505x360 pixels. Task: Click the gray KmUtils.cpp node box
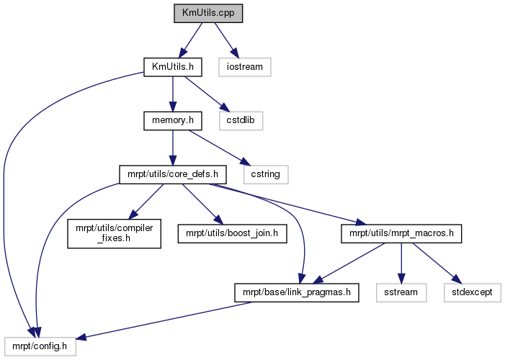tap(208, 14)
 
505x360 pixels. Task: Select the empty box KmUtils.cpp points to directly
tap(244, 67)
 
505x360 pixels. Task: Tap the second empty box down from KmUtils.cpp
tap(241, 121)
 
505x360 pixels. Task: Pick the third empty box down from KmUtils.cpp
tap(266, 174)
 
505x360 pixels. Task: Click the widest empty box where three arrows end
tap(40, 346)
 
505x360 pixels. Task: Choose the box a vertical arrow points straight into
tap(401, 292)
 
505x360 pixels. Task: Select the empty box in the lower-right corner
tap(472, 292)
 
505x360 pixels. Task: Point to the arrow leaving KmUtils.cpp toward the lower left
tap(191, 39)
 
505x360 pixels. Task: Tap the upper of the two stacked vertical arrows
tap(172, 94)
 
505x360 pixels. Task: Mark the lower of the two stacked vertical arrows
tap(172, 148)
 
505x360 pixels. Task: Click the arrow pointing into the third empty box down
tap(219, 147)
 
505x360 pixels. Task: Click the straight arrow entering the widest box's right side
tap(166, 320)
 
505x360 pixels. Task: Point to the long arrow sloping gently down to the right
tap(288, 204)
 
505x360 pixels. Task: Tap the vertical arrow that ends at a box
tap(401, 263)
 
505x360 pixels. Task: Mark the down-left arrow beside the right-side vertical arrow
tap(349, 263)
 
